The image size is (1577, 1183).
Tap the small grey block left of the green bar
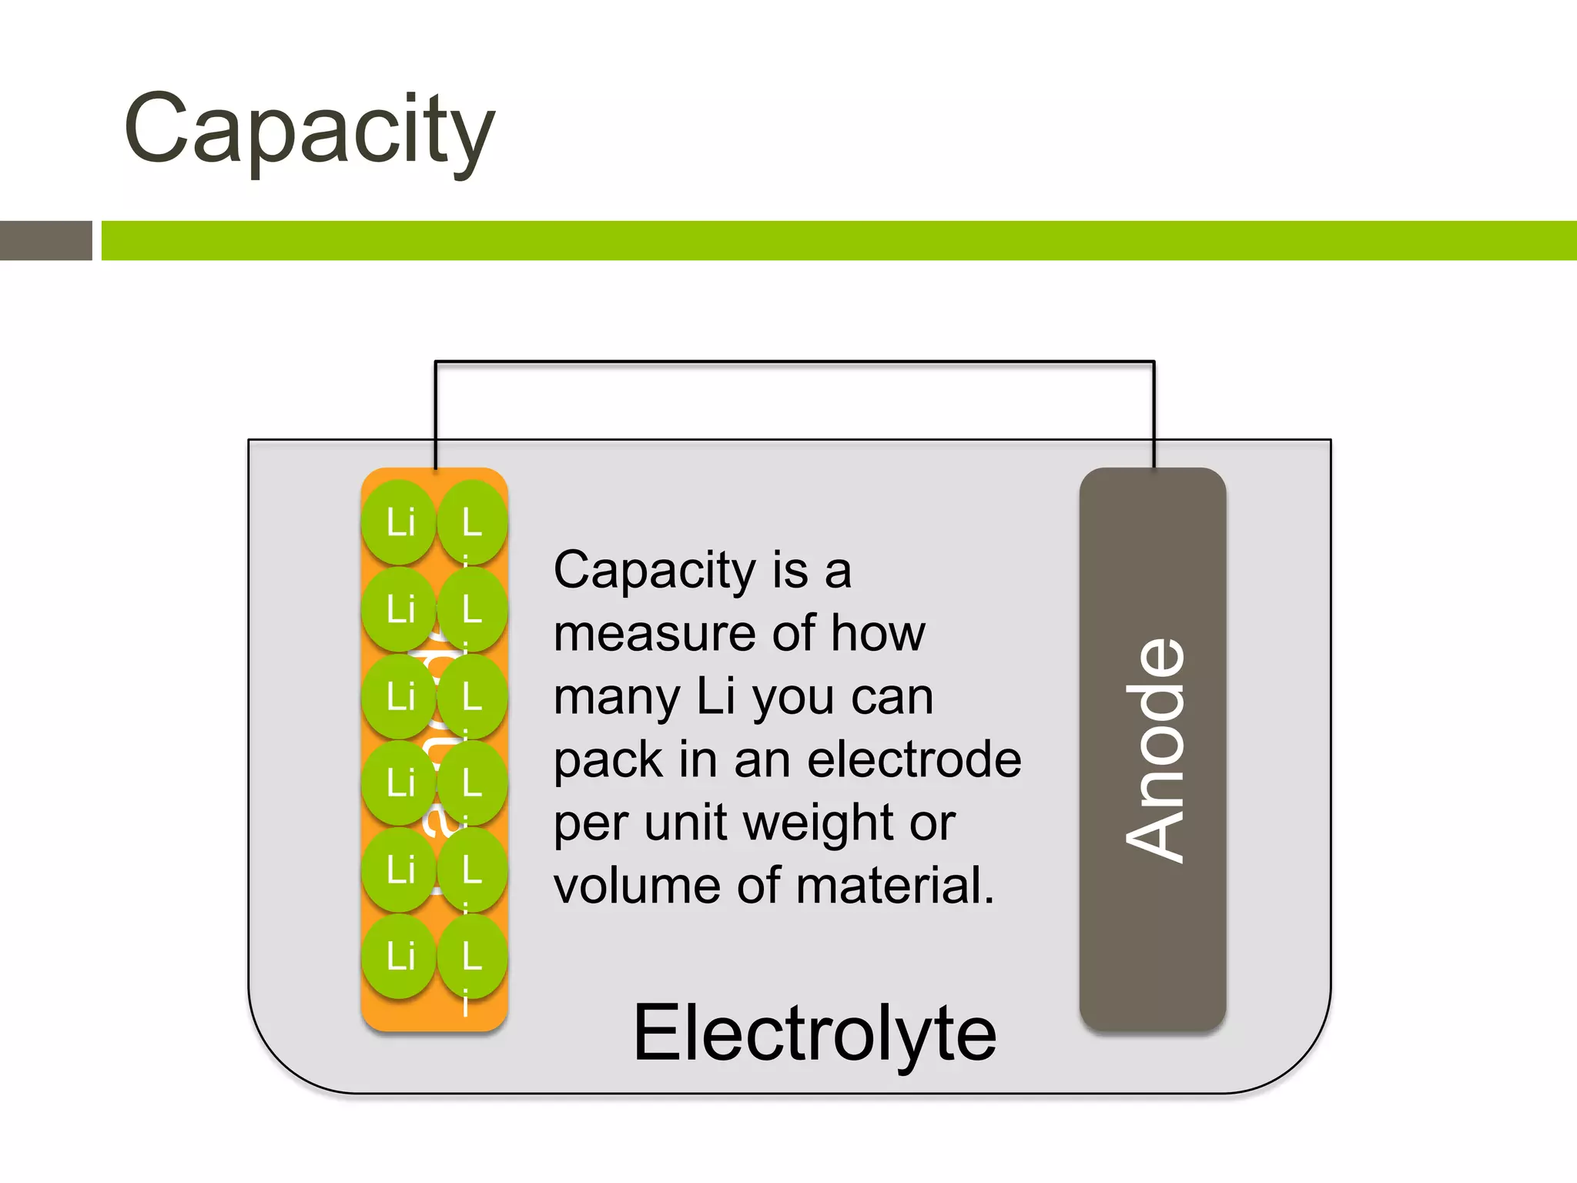45,240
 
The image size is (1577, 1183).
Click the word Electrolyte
814,1033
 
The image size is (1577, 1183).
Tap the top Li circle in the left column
400,523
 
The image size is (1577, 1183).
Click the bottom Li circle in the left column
400,957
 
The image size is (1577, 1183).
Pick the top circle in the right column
472,523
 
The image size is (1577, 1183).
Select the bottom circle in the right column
472,957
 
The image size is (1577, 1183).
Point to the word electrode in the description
914,760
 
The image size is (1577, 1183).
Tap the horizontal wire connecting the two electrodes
793,362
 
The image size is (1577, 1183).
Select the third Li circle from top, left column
400,696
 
